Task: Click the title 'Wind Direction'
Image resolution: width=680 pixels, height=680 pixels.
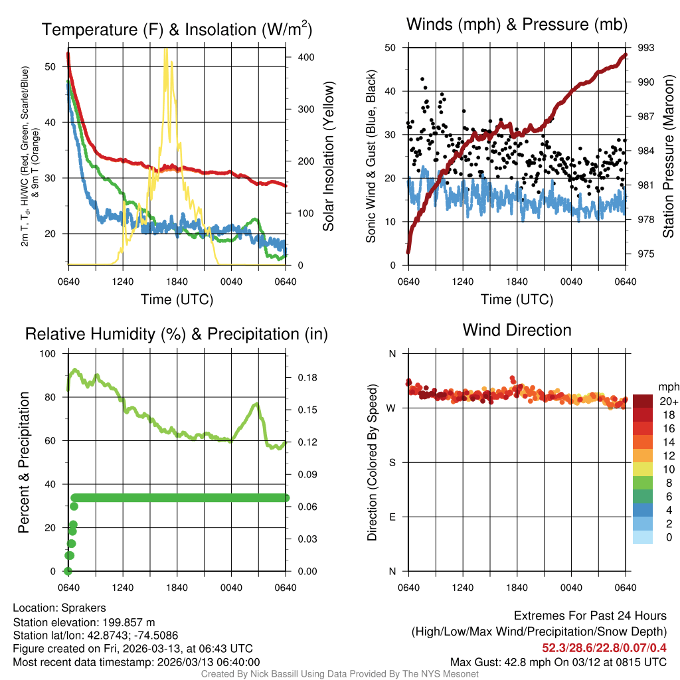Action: point(517,330)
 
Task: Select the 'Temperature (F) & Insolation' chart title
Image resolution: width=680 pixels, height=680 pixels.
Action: point(177,30)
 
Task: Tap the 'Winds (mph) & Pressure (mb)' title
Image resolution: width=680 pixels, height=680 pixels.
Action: point(517,25)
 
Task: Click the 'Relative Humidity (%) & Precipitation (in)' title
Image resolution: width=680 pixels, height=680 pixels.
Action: point(177,334)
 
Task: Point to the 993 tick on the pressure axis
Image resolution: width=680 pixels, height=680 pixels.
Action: point(646,48)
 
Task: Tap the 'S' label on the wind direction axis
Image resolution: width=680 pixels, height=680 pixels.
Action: point(392,462)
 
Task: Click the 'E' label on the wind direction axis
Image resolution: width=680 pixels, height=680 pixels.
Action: point(392,517)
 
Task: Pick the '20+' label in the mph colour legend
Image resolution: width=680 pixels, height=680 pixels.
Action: point(668,402)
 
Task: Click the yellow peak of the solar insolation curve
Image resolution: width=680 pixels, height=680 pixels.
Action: point(166,50)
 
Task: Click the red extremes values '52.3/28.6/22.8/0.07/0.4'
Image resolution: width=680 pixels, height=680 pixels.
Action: point(604,647)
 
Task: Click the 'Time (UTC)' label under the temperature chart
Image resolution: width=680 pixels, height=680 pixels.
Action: point(177,299)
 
